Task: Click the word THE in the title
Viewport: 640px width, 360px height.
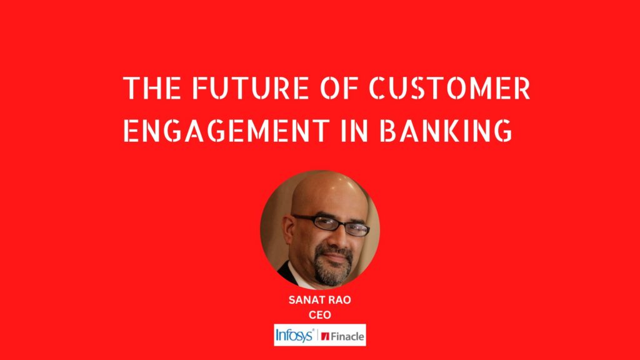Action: (x=152, y=87)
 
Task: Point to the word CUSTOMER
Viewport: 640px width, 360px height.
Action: (x=450, y=87)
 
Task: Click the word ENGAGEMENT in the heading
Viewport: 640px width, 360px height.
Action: (x=226, y=131)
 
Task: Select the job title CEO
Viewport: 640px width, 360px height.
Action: (x=319, y=315)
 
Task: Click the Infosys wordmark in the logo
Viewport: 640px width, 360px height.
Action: (x=294, y=336)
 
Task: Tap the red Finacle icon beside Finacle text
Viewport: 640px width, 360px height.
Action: (x=325, y=336)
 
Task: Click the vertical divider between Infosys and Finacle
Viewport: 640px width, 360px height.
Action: (x=317, y=336)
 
